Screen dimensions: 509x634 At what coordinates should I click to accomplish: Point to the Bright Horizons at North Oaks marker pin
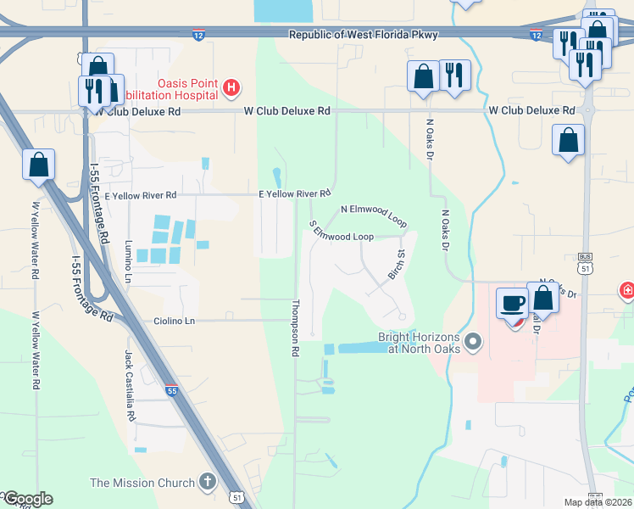473,342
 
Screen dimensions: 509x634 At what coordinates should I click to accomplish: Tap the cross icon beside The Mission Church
208,483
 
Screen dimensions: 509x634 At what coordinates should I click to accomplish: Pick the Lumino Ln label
128,261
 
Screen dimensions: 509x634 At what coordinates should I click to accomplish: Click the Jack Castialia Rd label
130,386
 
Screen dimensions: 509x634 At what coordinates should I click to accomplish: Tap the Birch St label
396,263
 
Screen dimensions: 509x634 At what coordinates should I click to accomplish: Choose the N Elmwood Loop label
374,213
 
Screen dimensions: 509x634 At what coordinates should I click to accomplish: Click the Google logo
27,499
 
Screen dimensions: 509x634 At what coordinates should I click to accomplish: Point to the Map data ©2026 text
597,502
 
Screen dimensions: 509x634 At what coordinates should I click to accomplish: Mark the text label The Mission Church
142,484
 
